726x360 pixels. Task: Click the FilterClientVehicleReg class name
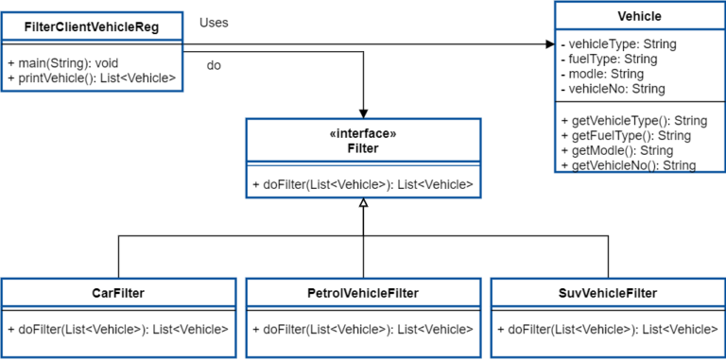tap(92, 27)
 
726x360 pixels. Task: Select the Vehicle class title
tap(639, 16)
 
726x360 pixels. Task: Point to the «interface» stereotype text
tap(363, 134)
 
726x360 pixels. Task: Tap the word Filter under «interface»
tap(363, 149)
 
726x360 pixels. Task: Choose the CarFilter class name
tap(117, 293)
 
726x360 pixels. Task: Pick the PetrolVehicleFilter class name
tap(363, 293)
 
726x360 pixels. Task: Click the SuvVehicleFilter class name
tap(608, 293)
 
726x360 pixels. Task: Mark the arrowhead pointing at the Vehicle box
tap(550, 43)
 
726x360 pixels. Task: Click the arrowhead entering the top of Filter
tap(363, 113)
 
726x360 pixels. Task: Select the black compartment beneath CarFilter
tap(117, 337)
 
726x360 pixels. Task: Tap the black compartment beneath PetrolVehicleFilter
tap(363, 337)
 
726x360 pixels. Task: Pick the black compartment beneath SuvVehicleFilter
tap(608, 337)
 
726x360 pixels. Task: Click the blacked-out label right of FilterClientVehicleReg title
tap(206, 22)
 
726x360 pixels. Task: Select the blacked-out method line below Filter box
tap(359, 186)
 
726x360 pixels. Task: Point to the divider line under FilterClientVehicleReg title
tap(92, 43)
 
